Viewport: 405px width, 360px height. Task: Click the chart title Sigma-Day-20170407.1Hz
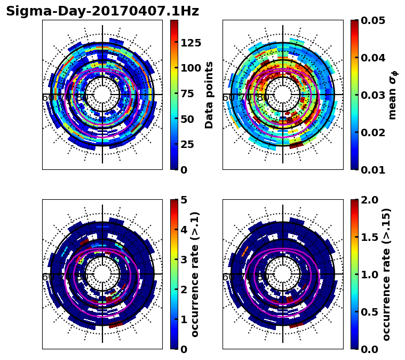(102, 11)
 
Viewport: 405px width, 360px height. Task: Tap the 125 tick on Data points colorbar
(190, 43)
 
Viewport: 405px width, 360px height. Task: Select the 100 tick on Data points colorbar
(190, 68)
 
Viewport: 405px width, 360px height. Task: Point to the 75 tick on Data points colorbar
(187, 93)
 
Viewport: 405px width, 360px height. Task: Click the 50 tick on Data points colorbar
(187, 119)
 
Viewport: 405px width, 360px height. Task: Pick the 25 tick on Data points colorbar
(187, 144)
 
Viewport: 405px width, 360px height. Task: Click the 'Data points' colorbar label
(209, 95)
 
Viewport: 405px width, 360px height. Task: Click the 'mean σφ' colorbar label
(393, 95)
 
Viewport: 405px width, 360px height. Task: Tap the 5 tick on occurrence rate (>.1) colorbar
(184, 200)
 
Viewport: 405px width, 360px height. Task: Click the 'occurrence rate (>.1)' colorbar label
(195, 274)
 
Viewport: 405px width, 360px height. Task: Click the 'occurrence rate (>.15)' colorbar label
(386, 274)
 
